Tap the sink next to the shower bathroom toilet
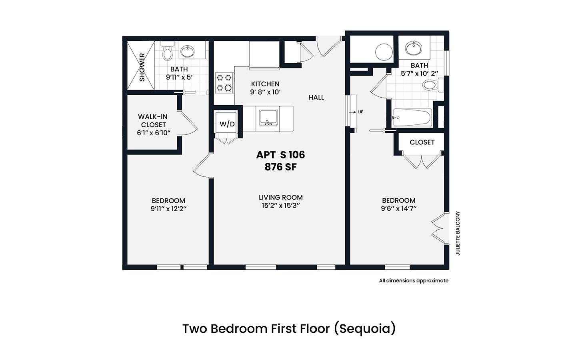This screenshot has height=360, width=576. coord(188,51)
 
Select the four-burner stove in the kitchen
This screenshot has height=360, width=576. coord(224,82)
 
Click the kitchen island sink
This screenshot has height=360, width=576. coord(268,118)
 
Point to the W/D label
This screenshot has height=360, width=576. coord(227,124)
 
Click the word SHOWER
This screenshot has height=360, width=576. coord(142,67)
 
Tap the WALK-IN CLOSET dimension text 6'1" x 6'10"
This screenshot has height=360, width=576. coord(154,133)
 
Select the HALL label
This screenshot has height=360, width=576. coord(316,98)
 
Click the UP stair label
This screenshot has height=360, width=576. coord(360,112)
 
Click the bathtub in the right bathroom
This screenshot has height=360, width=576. coord(412,118)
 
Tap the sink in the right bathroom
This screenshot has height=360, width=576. coord(414,48)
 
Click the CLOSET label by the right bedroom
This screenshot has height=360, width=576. coord(422,142)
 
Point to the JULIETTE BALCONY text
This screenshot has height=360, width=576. coord(458,233)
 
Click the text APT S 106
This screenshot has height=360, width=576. coord(280,155)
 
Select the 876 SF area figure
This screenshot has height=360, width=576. coord(280,167)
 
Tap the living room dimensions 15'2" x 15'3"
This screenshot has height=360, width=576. coord(280,206)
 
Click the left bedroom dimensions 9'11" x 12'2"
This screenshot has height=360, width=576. coord(168,209)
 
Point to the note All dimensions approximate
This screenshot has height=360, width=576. coord(414,280)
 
